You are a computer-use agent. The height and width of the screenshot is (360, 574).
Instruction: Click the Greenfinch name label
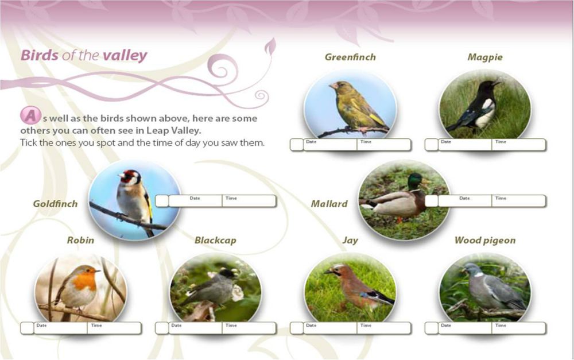350,57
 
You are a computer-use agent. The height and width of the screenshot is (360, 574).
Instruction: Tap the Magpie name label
485,57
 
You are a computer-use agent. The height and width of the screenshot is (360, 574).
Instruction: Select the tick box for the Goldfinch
162,201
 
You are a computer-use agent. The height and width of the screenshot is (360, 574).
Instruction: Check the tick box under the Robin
27,328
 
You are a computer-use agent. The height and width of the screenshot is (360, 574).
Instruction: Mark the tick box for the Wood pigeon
431,328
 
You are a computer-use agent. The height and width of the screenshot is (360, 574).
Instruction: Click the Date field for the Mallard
464,201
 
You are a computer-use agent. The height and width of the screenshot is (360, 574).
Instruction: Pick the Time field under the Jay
383,328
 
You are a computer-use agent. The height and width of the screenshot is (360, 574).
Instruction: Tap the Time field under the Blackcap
249,328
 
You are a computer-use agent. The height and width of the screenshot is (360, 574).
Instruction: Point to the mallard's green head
415,181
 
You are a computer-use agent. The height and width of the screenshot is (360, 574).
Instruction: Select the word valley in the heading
125,56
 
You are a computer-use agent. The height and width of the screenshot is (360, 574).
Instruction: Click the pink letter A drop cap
30,115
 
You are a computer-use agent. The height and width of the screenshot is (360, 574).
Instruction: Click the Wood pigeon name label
485,241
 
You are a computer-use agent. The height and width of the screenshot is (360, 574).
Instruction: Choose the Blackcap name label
215,241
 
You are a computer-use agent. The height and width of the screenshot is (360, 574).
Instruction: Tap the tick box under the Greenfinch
297,145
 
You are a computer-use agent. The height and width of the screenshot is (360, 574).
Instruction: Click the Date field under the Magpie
464,145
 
